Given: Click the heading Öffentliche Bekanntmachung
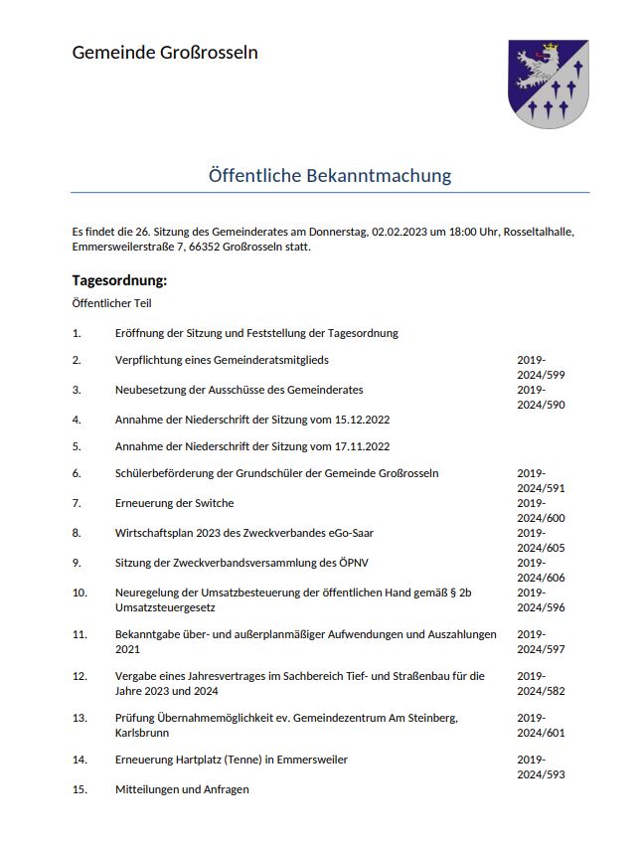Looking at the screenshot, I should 330,176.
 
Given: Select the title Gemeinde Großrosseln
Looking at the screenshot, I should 165,53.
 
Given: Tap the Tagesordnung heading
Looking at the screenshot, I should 119,280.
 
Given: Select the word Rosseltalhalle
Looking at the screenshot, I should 539,232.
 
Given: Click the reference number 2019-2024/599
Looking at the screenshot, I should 541,368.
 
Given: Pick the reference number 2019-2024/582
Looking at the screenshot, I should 541,684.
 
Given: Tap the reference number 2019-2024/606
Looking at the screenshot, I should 541,570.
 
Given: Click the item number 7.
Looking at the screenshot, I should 77,504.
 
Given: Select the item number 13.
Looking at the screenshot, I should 80,718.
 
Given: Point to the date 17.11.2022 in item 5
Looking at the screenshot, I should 360,447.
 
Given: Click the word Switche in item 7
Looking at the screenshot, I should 213,504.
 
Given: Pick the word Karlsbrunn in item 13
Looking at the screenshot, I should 143,733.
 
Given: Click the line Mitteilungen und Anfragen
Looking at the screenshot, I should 182,789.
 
